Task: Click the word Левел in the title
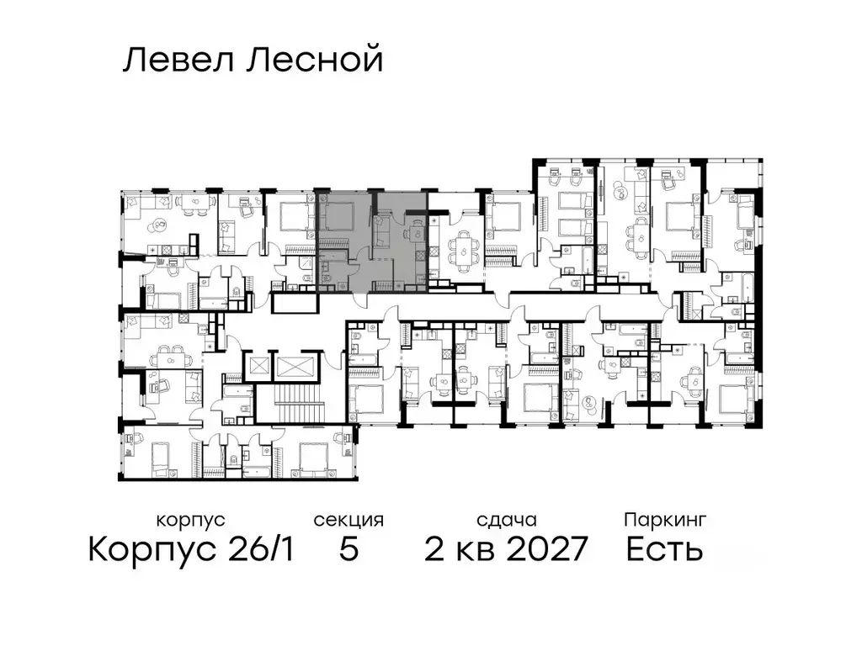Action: [x=173, y=61]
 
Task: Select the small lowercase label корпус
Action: [x=191, y=521]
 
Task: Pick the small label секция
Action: [x=349, y=521]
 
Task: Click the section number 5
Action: [x=349, y=550]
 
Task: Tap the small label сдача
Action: [x=505, y=521]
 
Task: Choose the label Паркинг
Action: [x=664, y=521]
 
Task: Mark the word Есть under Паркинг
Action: [x=664, y=550]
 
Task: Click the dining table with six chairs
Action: [x=462, y=249]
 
